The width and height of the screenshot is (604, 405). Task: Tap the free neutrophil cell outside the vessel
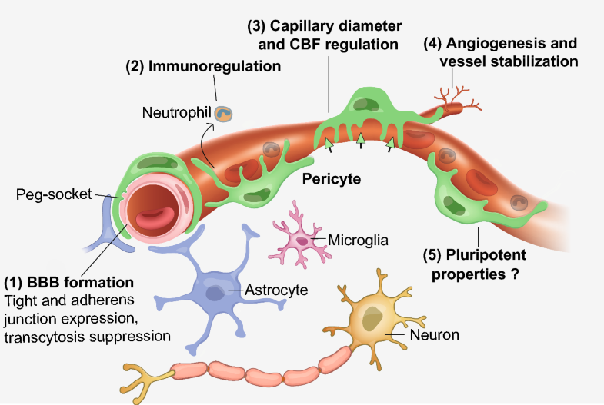click(223, 115)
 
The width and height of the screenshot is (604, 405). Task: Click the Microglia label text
click(358, 240)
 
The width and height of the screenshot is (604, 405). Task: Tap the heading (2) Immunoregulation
click(203, 66)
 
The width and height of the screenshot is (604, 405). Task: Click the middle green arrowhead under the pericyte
click(360, 139)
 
